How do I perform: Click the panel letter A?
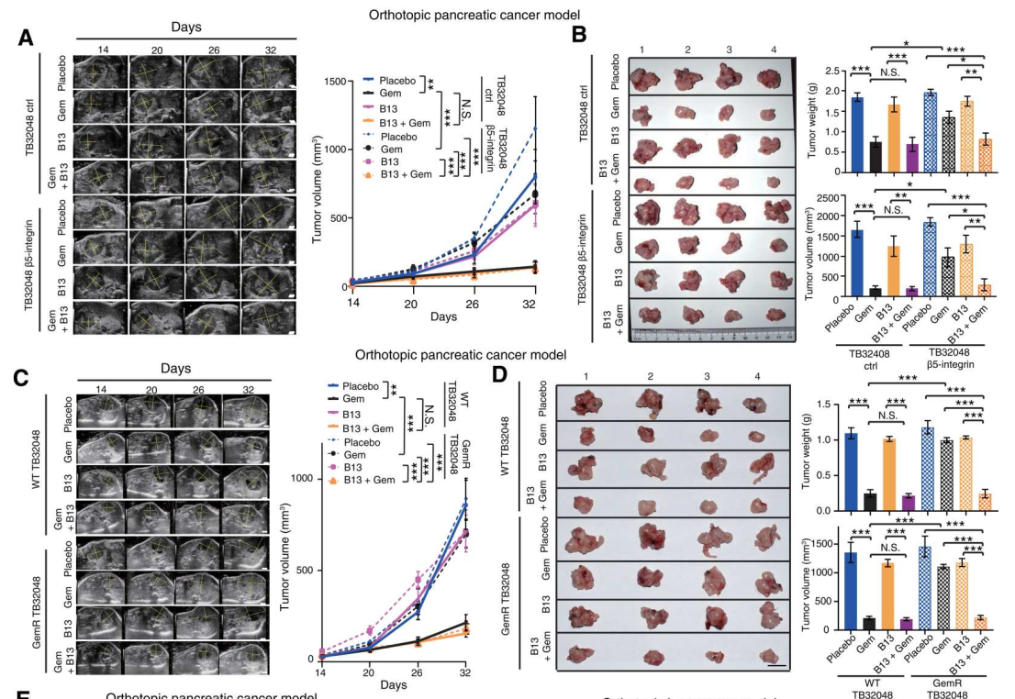coord(27,38)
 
